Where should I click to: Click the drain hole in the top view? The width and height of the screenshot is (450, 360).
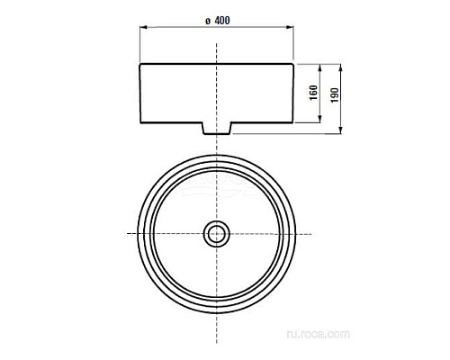(216, 234)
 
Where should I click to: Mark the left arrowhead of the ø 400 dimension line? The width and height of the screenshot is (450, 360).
(141, 30)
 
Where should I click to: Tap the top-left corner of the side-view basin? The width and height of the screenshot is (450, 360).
(139, 63)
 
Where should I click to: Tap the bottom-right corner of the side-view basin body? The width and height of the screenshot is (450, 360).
(293, 122)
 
